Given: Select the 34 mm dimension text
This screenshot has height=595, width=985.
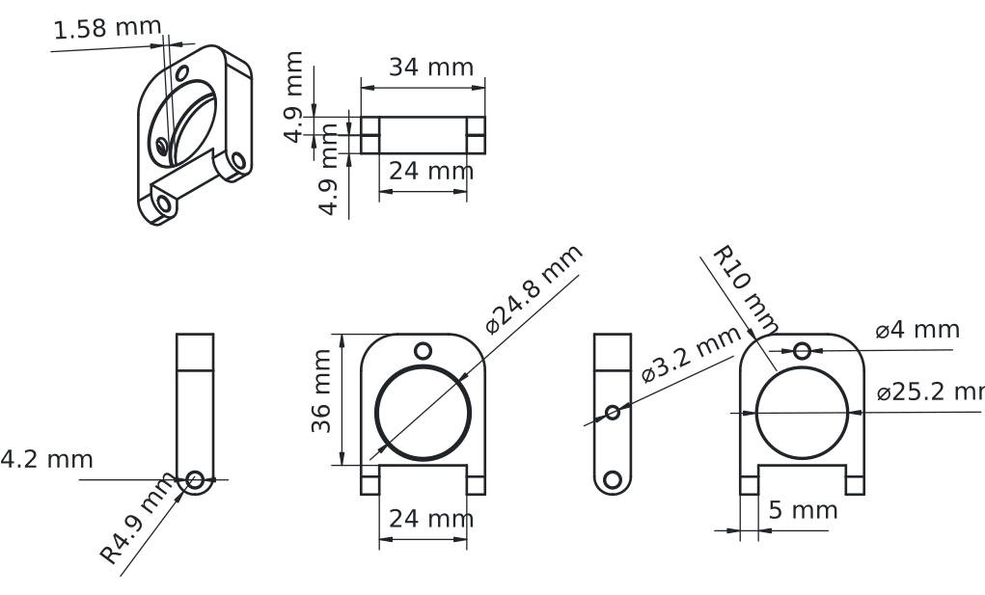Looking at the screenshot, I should [x=431, y=68].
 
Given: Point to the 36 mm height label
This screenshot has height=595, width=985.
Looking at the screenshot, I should [x=322, y=398].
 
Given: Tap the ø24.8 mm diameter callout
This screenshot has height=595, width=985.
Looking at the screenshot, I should [x=534, y=288].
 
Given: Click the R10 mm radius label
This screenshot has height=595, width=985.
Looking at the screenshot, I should [x=745, y=288].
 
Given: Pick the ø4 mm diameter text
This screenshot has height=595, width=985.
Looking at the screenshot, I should [x=917, y=330].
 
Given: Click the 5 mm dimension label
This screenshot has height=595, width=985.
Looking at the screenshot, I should [x=804, y=510].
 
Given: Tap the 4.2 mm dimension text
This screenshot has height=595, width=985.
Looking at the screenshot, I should [x=47, y=459].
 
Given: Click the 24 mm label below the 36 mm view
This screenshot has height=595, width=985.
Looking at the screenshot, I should [x=431, y=519].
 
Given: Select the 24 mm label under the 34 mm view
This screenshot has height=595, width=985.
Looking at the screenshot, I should [x=431, y=172].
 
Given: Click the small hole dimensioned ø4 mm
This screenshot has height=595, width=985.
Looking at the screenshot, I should [x=803, y=350].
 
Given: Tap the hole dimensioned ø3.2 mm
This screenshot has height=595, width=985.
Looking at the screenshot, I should [x=612, y=412].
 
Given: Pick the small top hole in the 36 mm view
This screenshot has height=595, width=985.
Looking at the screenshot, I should [x=423, y=350].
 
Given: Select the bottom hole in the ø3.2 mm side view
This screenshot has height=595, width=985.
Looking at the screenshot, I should [x=612, y=478].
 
